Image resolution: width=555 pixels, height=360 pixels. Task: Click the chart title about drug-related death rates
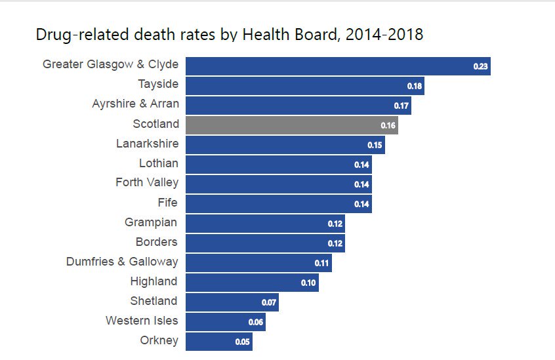(x=229, y=34)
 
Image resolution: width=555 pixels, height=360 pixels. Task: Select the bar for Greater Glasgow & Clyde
(x=338, y=66)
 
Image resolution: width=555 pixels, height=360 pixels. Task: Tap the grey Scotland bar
(x=291, y=125)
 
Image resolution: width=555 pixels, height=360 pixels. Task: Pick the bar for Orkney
(x=218, y=341)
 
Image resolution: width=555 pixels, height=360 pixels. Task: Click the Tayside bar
(x=304, y=85)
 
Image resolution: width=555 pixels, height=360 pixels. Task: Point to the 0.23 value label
(x=480, y=66)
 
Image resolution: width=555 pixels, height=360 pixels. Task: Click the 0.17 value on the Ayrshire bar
(x=401, y=106)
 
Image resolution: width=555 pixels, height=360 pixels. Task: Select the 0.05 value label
(x=242, y=342)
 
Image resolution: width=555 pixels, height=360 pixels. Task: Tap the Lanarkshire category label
(x=147, y=144)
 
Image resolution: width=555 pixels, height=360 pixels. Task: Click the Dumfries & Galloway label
(x=122, y=262)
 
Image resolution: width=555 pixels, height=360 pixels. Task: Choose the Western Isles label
(x=142, y=321)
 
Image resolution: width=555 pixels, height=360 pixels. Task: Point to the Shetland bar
(x=232, y=302)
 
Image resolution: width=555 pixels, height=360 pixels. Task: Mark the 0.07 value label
(x=268, y=302)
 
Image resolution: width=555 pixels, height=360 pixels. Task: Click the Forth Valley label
(x=147, y=182)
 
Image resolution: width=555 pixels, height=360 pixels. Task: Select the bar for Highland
(x=252, y=282)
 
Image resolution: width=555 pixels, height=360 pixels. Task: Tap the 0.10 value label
(x=308, y=283)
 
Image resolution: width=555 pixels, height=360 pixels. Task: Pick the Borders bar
(x=265, y=243)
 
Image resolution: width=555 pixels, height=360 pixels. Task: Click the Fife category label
(x=167, y=203)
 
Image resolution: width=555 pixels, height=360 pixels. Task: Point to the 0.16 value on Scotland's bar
(x=388, y=125)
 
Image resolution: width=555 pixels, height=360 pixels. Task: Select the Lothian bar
(x=278, y=164)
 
